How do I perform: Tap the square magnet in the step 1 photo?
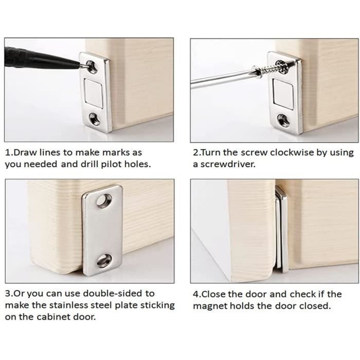(x=93, y=93)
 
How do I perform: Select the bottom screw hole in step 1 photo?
(x=95, y=119)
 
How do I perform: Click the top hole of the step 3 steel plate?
(x=103, y=200)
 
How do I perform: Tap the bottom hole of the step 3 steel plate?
(x=104, y=260)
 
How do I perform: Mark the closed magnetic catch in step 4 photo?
(x=281, y=229)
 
